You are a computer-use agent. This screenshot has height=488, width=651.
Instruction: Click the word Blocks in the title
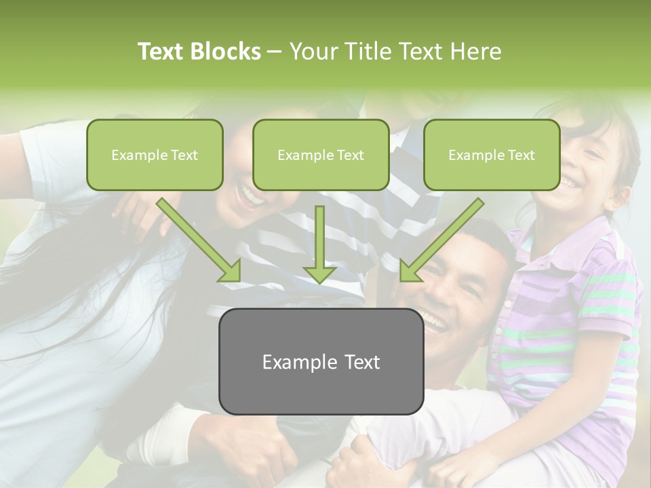(225, 52)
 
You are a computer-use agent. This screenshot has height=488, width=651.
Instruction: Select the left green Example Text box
(155, 155)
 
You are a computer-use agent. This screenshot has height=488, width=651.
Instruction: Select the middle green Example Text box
(321, 155)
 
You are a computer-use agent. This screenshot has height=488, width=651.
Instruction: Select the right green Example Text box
(492, 155)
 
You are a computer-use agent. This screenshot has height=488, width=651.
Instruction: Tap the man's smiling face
(451, 291)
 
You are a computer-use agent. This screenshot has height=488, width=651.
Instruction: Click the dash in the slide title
(275, 52)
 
